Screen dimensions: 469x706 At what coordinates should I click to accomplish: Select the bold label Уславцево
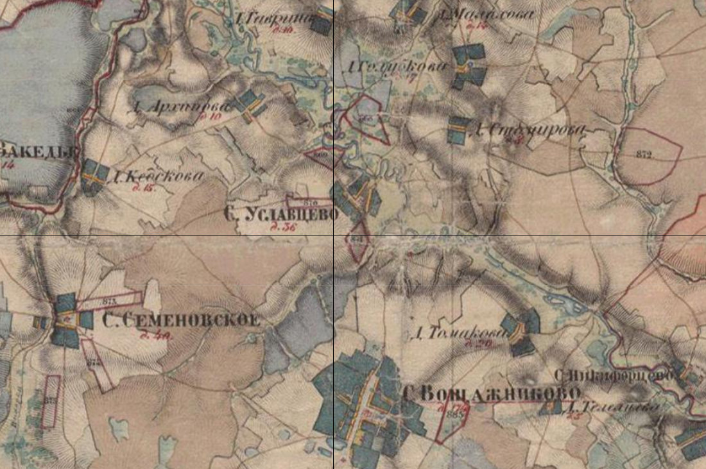click(281, 214)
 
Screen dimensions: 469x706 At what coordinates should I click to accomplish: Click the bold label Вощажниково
click(492, 393)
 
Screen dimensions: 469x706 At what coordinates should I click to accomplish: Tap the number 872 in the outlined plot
click(644, 155)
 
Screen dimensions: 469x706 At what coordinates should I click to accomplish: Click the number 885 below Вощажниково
click(456, 415)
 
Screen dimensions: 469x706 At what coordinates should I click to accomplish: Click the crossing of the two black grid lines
click(334, 235)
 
